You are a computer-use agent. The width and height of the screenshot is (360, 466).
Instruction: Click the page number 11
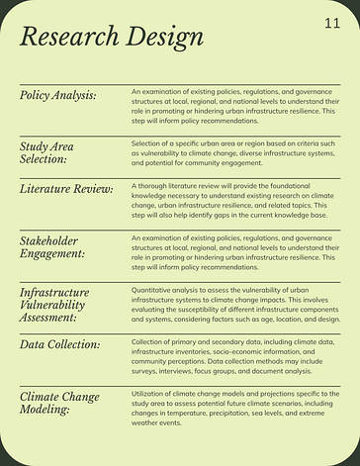click(331, 23)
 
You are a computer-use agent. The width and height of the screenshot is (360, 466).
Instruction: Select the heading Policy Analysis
click(58, 95)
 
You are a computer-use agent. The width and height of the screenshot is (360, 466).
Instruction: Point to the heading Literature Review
click(66, 188)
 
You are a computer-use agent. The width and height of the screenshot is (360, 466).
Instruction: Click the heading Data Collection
click(60, 344)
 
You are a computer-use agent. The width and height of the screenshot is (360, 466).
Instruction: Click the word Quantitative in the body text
click(153, 287)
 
